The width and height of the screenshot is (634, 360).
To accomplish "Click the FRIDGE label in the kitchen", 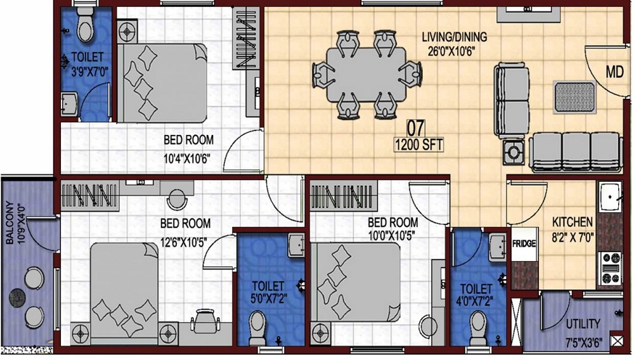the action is coord(524,243).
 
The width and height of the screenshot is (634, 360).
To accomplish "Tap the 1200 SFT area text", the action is coord(418,145).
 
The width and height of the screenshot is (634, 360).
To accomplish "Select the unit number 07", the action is coord(416,129).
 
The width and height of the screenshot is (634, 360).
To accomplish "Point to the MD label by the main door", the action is coord(614,72).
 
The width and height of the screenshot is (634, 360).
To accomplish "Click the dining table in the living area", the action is coord(366,75).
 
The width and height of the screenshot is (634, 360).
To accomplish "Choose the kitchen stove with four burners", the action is coord(611,268).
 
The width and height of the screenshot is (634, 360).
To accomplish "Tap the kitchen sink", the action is coord(611,197).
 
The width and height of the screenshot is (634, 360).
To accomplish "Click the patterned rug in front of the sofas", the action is coord(574,98).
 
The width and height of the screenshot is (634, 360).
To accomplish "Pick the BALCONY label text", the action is coord(10,222).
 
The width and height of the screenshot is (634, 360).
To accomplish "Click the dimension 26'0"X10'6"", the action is coord(451,51).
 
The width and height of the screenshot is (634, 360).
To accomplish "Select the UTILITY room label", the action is coord(583,324).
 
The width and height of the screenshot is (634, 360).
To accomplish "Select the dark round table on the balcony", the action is coord(17,298).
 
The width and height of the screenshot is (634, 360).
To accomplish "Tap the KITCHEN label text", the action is coord(572,222).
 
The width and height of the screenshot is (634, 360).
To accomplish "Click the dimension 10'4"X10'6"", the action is coord(187,158).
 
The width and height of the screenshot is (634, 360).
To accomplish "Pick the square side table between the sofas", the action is coord(514,153).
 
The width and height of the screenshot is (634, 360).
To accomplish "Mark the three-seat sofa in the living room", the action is coord(576,152).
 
